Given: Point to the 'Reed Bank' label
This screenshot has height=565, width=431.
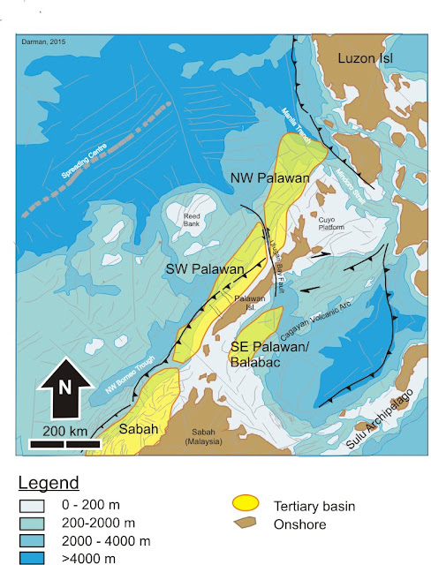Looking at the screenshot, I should click(193, 219).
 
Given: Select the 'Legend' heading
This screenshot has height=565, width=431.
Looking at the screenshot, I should click(49, 483).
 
